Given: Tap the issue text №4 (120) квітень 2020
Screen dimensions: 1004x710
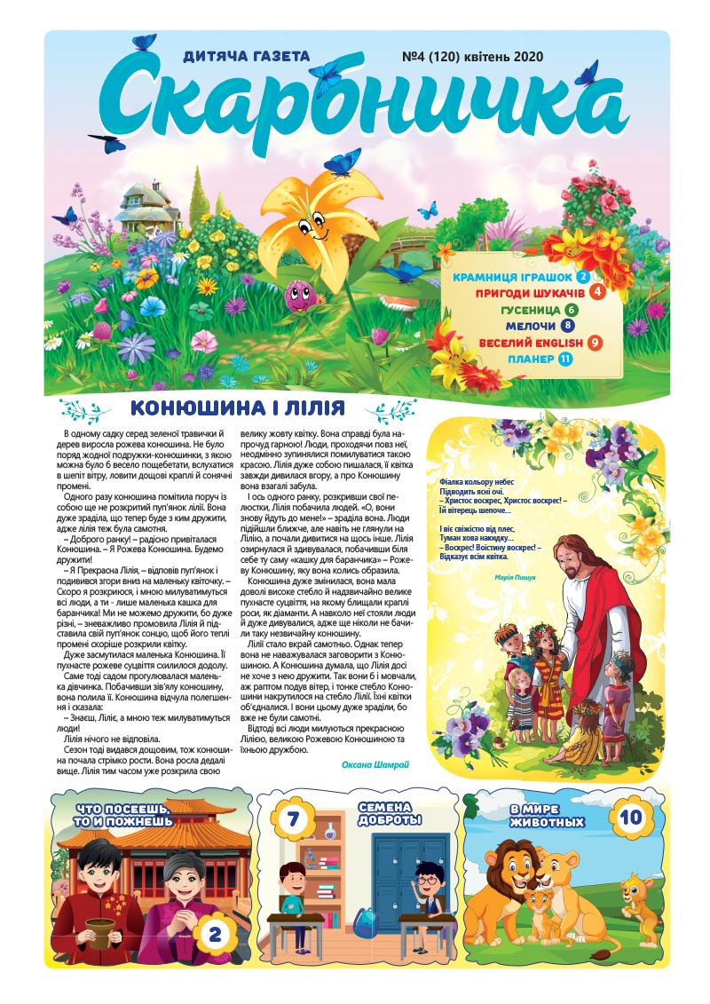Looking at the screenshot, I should pos(472,57).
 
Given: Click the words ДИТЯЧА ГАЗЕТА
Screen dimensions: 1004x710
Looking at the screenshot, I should pos(246,57).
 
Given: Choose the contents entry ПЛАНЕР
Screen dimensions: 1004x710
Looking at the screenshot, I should pos(531,359).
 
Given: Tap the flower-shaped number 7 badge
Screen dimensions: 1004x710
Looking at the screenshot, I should pos(290,818).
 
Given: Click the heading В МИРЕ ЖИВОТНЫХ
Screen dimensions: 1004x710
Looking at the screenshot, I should pos(547,816).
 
